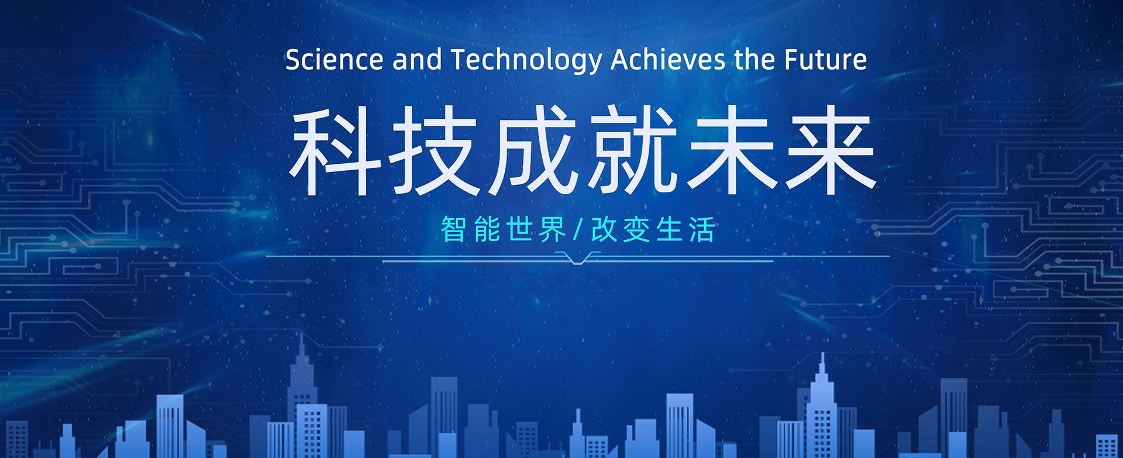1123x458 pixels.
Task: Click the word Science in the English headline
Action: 334,60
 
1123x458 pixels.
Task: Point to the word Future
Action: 825,60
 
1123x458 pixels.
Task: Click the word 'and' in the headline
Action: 417,60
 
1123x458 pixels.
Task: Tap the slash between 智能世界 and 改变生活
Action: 578,229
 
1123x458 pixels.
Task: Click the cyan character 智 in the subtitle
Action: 453,229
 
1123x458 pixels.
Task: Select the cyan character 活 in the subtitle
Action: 702,229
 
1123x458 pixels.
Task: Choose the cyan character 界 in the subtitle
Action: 553,229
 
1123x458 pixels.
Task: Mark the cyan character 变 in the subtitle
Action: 636,229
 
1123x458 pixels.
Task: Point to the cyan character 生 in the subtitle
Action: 669,229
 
